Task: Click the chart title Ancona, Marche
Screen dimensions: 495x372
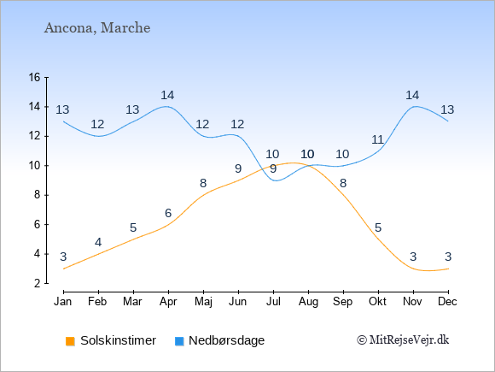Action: click(97, 28)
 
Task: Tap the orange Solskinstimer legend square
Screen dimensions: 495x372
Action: click(70, 341)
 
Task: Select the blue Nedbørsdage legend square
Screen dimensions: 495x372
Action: click(179, 341)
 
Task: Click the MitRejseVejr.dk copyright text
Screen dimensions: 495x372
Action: click(403, 340)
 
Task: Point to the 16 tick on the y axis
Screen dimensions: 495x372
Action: click(35, 77)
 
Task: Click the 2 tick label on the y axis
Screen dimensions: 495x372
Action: click(38, 283)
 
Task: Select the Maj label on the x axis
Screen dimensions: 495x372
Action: click(203, 302)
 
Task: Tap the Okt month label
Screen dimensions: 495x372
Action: click(377, 302)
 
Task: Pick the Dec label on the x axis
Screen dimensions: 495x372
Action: click(447, 302)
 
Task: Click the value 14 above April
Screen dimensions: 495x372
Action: click(167, 95)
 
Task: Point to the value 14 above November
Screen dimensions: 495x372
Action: click(412, 95)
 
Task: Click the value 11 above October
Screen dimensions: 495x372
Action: click(377, 139)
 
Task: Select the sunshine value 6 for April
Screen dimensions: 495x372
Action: click(168, 213)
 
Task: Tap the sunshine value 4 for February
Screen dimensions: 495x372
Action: click(98, 243)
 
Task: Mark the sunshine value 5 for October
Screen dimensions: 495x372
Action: click(378, 227)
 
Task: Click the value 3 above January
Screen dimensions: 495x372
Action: click(63, 257)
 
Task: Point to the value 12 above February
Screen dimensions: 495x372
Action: click(97, 124)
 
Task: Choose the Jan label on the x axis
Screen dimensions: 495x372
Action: click(63, 302)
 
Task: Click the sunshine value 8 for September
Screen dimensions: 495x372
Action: click(343, 183)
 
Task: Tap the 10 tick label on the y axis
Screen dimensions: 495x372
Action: click(35, 165)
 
